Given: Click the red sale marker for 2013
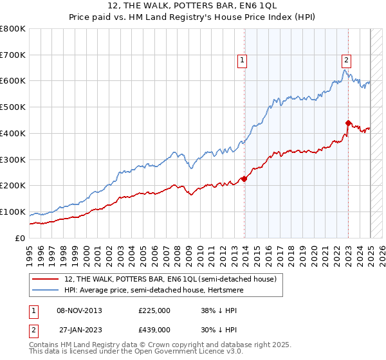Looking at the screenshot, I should pyautogui.click(x=244, y=179).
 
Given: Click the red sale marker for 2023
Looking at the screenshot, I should pyautogui.click(x=348, y=123).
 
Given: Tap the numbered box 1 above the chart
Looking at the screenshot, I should pyautogui.click(x=243, y=60).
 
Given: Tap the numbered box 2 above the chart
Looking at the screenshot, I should pyautogui.click(x=346, y=60).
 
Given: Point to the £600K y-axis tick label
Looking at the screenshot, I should pyautogui.click(x=13, y=81).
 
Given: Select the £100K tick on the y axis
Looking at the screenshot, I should pyautogui.click(x=13, y=212).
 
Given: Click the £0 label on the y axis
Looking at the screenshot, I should pyautogui.click(x=20, y=238).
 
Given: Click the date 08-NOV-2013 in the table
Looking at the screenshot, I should pyautogui.click(x=79, y=310).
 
